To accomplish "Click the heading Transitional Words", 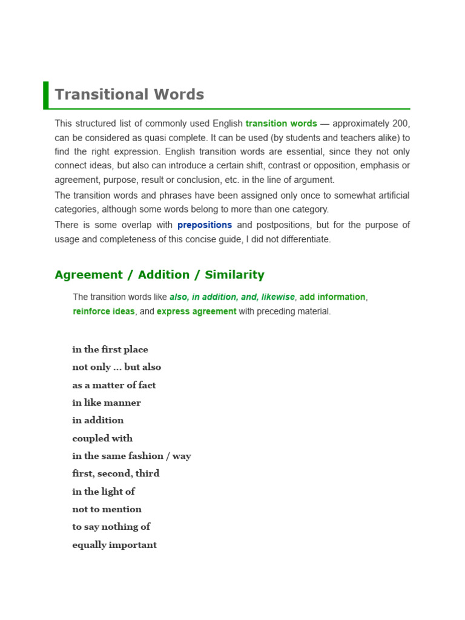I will (130, 95).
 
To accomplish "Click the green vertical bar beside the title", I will (46, 95).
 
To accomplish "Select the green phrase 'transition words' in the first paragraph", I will (281, 124).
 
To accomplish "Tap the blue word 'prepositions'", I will (205, 225).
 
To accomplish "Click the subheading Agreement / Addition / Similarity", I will (159, 275).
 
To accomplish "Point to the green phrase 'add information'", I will (332, 297).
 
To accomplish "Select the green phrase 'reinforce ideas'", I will (104, 312).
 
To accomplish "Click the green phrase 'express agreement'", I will (197, 312).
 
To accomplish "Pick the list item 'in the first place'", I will (110, 349).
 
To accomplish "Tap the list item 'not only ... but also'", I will (117, 367).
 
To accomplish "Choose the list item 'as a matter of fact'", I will (114, 385).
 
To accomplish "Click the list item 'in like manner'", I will (107, 403).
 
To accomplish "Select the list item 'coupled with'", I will (102, 438).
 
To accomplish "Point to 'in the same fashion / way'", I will (131, 456).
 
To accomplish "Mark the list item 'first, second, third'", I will (116, 473).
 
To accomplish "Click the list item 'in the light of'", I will (104, 491).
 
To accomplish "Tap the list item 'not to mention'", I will (107, 509).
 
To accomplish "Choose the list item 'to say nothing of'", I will (111, 527).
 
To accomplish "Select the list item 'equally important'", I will (114, 545).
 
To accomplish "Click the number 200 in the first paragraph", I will (401, 124).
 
